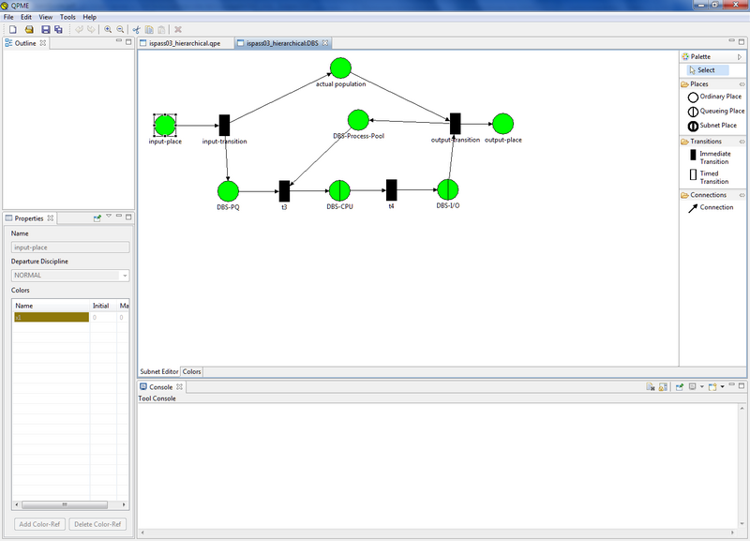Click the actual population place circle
(x=339, y=68)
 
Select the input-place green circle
(x=165, y=125)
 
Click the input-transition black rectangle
(x=224, y=125)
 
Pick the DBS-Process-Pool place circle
(x=358, y=120)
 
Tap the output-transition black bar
(x=455, y=124)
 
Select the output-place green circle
(x=502, y=124)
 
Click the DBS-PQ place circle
(x=228, y=191)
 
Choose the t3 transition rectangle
(x=284, y=191)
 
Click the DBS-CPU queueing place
(x=339, y=191)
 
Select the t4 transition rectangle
(x=391, y=190)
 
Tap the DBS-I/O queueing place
(x=448, y=190)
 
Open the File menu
(x=9, y=17)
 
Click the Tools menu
(x=67, y=17)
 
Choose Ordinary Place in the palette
(x=719, y=97)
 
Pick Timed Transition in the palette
(x=713, y=177)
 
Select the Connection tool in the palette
(x=715, y=207)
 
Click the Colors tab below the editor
(x=191, y=372)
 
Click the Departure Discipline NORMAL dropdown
(x=70, y=276)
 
